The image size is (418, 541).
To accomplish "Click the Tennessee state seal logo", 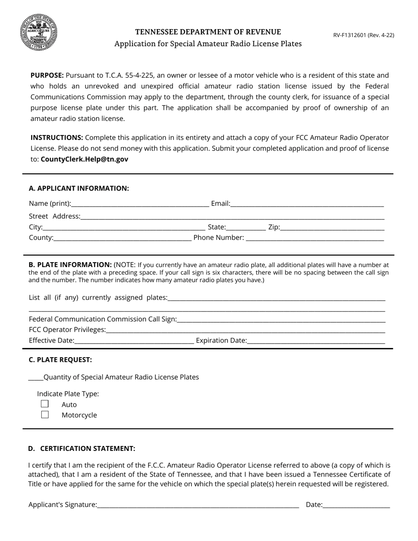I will [39, 32].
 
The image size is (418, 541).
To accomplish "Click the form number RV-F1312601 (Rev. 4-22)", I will [363, 35].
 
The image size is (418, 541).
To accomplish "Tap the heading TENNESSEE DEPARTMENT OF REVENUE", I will [208, 32].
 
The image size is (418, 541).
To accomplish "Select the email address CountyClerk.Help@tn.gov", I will [84, 159].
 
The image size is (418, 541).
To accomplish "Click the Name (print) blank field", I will [140, 204].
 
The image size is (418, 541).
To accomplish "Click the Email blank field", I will [307, 204].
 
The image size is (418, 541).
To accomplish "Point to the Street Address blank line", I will [232, 216].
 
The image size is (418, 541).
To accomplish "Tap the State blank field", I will [246, 227].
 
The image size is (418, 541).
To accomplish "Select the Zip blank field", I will [332, 227].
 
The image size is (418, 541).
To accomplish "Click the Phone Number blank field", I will [315, 238].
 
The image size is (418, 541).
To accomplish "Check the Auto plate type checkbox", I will [45, 404].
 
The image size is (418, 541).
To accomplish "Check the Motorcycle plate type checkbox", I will [45, 414].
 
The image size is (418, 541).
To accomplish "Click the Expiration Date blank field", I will [316, 340].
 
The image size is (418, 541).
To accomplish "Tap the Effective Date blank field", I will [134, 340].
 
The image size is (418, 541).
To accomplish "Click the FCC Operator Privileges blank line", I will [246, 330].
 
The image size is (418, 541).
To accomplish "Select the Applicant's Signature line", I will [198, 505].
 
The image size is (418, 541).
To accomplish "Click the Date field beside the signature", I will [356, 505].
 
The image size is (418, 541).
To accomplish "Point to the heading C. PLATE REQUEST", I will [60, 360].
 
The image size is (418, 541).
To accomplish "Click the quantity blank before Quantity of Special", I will [36, 377].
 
